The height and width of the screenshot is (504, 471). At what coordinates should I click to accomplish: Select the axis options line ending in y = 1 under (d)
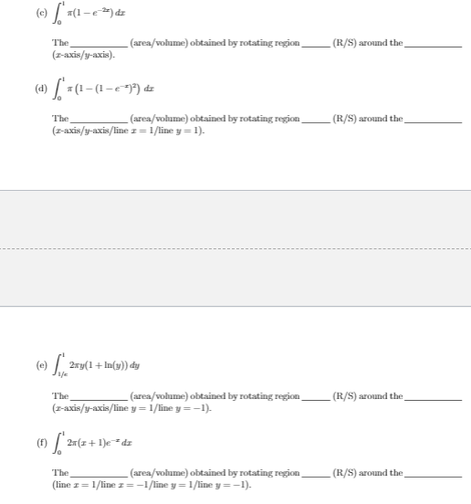[129, 131]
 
